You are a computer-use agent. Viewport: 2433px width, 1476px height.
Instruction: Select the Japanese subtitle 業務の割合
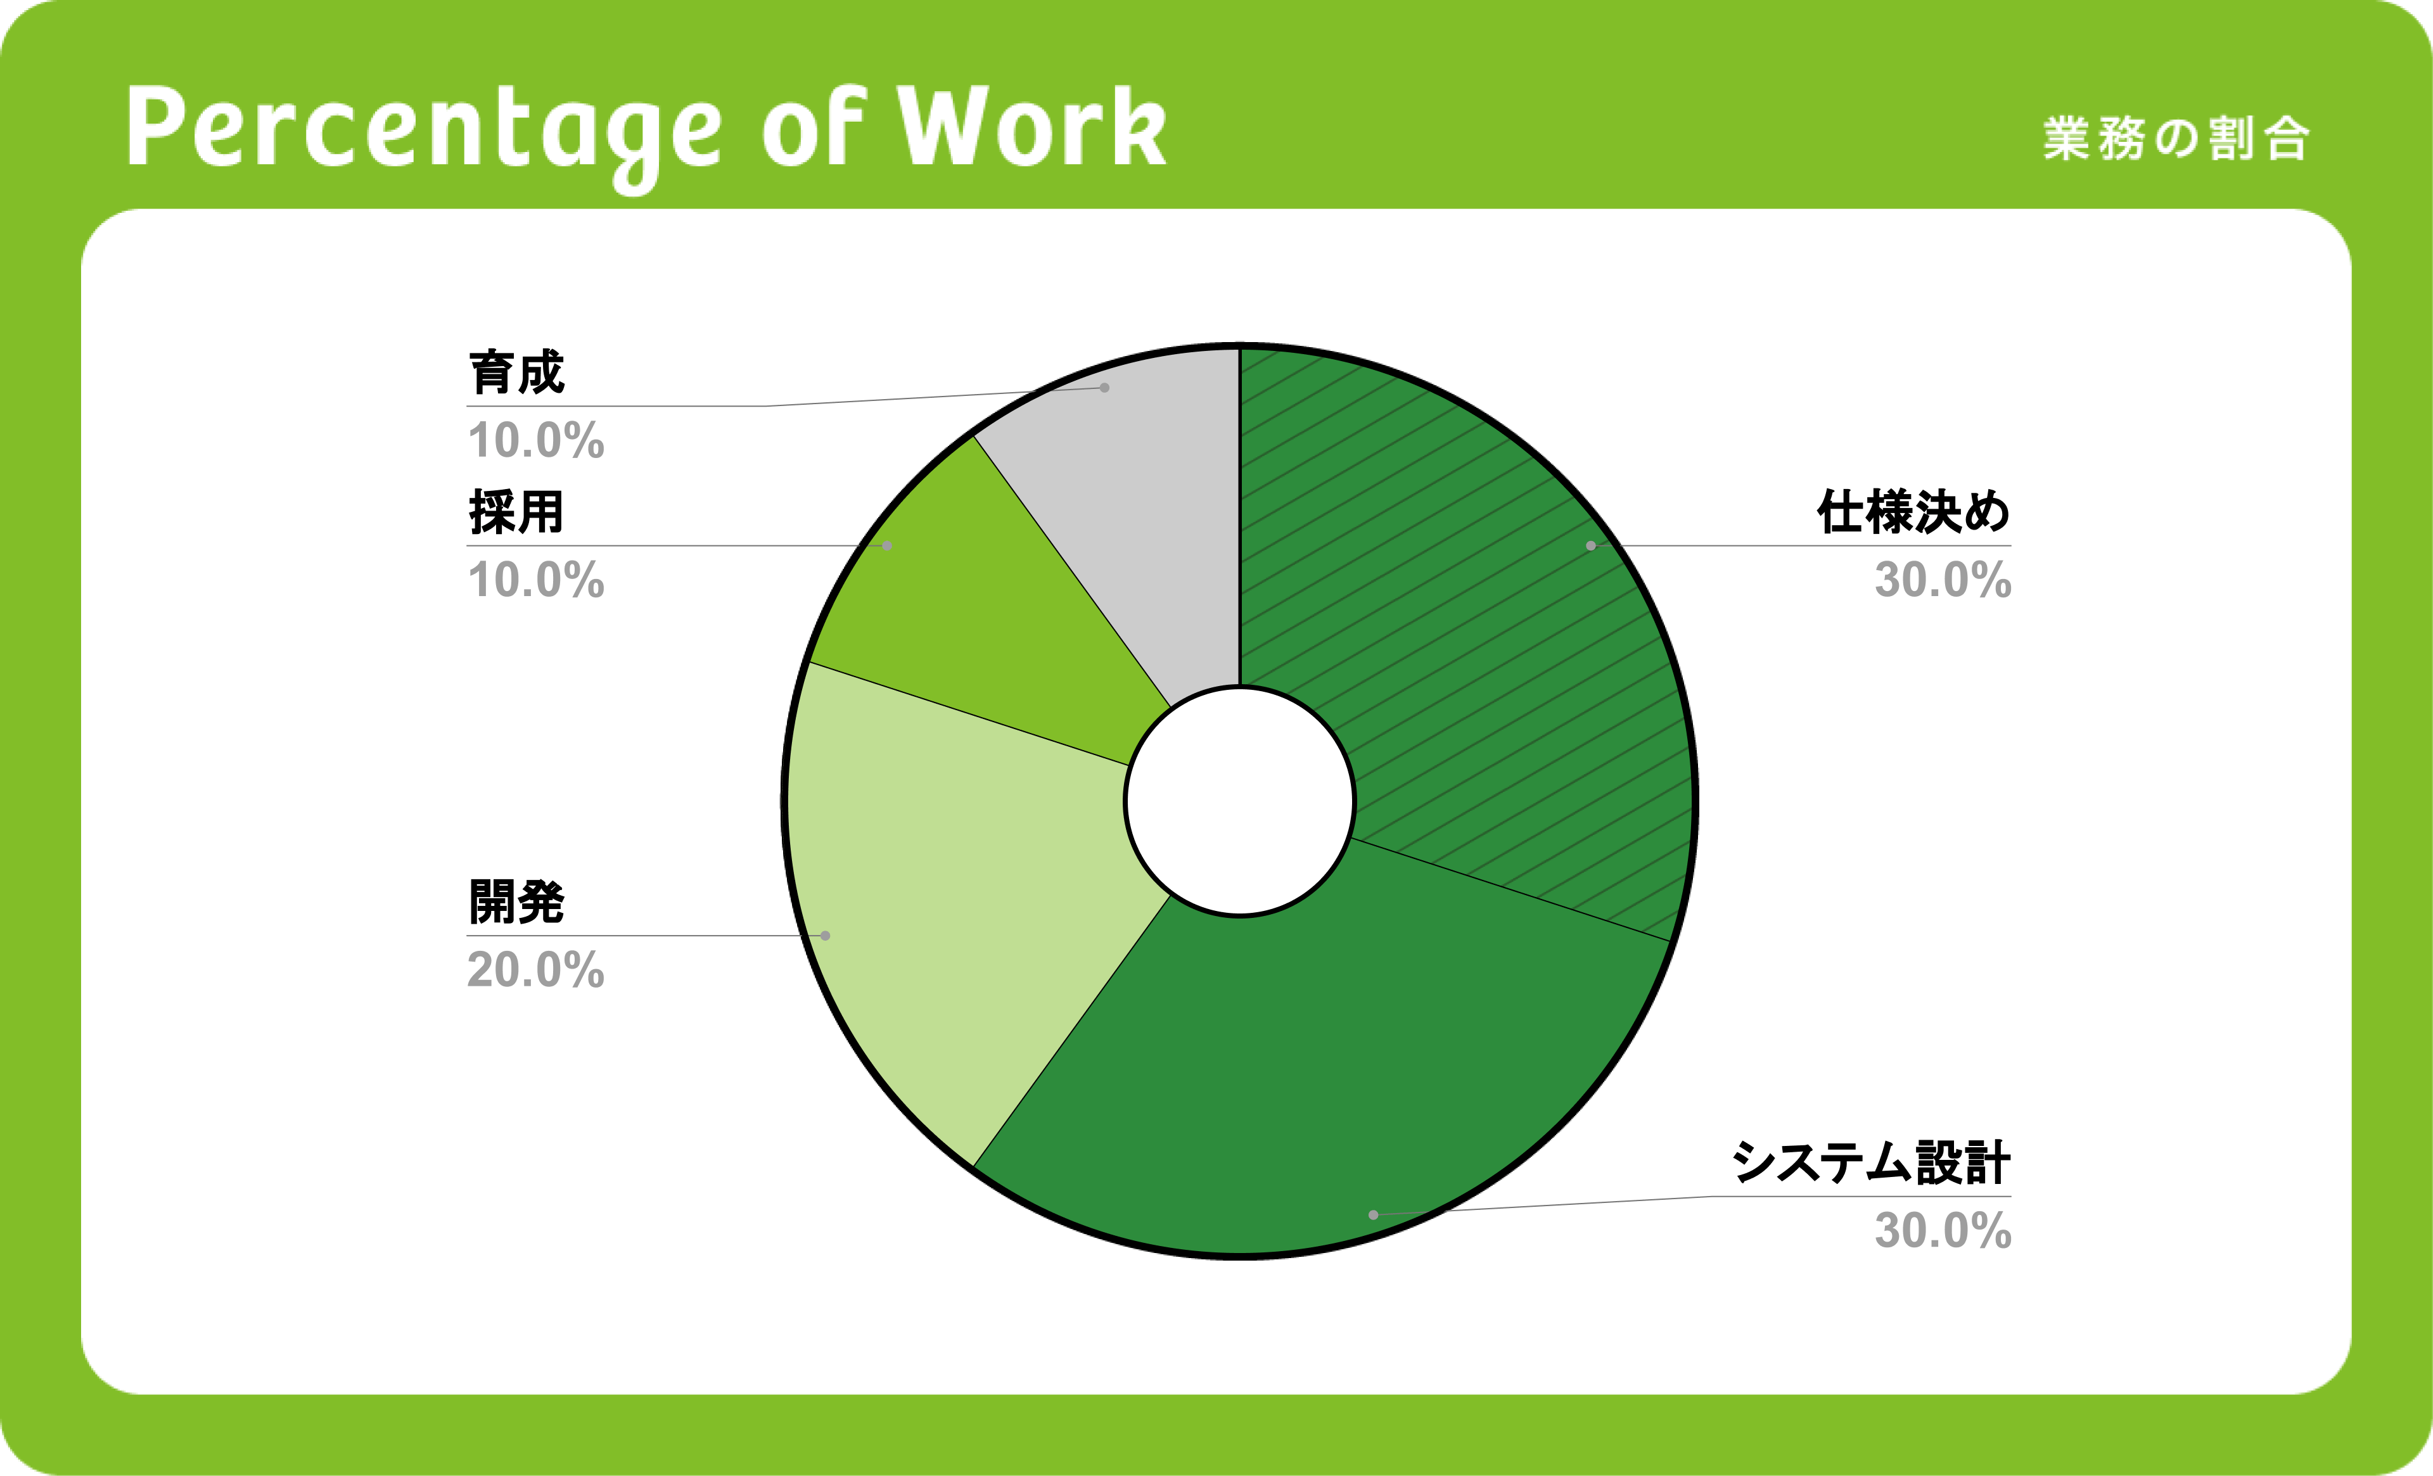point(2175,138)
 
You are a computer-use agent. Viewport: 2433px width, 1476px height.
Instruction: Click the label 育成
point(516,372)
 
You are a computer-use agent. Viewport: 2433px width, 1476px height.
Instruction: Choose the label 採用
point(516,511)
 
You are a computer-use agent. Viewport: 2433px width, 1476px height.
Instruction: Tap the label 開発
point(516,901)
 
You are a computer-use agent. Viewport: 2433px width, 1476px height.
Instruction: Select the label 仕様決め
point(1913,511)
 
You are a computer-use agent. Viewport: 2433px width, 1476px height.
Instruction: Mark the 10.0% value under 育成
point(536,440)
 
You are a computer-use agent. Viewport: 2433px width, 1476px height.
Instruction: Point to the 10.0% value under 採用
point(536,580)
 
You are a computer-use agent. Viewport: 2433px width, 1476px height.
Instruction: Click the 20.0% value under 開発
point(536,969)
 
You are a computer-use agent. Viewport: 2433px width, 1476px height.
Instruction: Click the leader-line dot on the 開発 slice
point(826,936)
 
